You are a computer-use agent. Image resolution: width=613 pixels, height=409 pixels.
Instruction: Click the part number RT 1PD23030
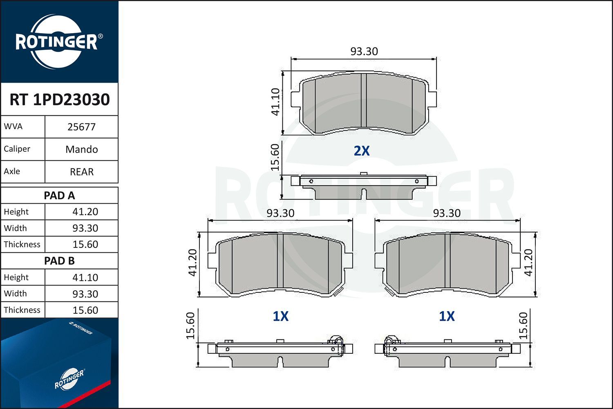click(59, 99)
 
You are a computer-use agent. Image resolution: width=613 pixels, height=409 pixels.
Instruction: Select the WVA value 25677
click(81, 127)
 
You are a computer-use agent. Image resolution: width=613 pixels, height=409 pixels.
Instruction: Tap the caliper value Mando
click(81, 149)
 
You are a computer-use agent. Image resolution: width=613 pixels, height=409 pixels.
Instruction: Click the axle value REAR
click(81, 172)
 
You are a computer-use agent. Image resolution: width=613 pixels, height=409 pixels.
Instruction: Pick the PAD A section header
click(59, 196)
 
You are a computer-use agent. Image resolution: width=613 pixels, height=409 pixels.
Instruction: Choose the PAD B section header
click(59, 261)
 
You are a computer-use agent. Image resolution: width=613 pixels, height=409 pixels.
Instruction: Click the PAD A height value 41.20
click(85, 212)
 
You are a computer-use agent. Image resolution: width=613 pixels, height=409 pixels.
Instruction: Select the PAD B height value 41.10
click(85, 277)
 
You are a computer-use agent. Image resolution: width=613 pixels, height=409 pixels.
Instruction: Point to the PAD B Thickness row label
click(22, 310)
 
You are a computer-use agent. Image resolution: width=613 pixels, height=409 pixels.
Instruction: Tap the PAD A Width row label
click(15, 228)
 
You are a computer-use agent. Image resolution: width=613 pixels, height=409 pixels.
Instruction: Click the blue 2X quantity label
click(362, 151)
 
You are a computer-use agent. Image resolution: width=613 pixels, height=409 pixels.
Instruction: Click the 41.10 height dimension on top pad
click(276, 102)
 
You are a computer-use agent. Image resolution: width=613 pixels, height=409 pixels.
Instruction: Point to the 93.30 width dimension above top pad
click(364, 52)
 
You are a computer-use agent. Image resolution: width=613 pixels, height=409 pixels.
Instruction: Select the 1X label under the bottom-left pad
click(281, 316)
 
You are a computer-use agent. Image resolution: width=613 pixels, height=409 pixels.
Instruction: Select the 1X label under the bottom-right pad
click(447, 316)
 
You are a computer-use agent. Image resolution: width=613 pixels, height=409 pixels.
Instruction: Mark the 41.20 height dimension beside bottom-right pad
click(528, 263)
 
